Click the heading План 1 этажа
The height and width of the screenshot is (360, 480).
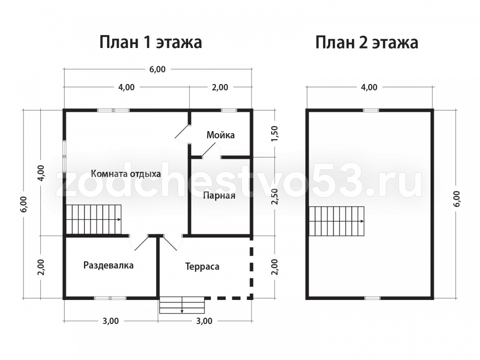click(151, 42)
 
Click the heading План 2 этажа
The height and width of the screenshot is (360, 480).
click(367, 42)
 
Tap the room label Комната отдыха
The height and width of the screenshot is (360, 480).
click(126, 174)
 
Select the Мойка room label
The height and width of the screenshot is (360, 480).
click(220, 135)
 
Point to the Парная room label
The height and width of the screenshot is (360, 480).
click(219, 196)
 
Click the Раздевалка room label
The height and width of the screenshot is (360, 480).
click(108, 265)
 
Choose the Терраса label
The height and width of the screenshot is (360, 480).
click(202, 266)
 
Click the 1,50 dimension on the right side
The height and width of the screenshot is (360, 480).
click(275, 133)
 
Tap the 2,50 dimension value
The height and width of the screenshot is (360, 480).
click(275, 196)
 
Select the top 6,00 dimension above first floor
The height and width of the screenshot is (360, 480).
click(157, 70)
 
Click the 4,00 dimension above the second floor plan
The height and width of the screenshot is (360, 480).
click(369, 87)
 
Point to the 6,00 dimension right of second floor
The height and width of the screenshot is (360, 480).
click(457, 199)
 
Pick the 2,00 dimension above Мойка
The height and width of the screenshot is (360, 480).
click(220, 87)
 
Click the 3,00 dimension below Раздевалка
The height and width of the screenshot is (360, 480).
click(110, 321)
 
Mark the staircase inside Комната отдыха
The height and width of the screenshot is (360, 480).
click(94, 220)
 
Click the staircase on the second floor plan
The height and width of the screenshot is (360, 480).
click(337, 221)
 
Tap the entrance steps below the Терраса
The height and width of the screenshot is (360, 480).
click(182, 305)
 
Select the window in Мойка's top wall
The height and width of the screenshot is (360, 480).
click(229, 110)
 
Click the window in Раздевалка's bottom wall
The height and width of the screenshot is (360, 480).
click(110, 298)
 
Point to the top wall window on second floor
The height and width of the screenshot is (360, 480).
click(371, 110)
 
